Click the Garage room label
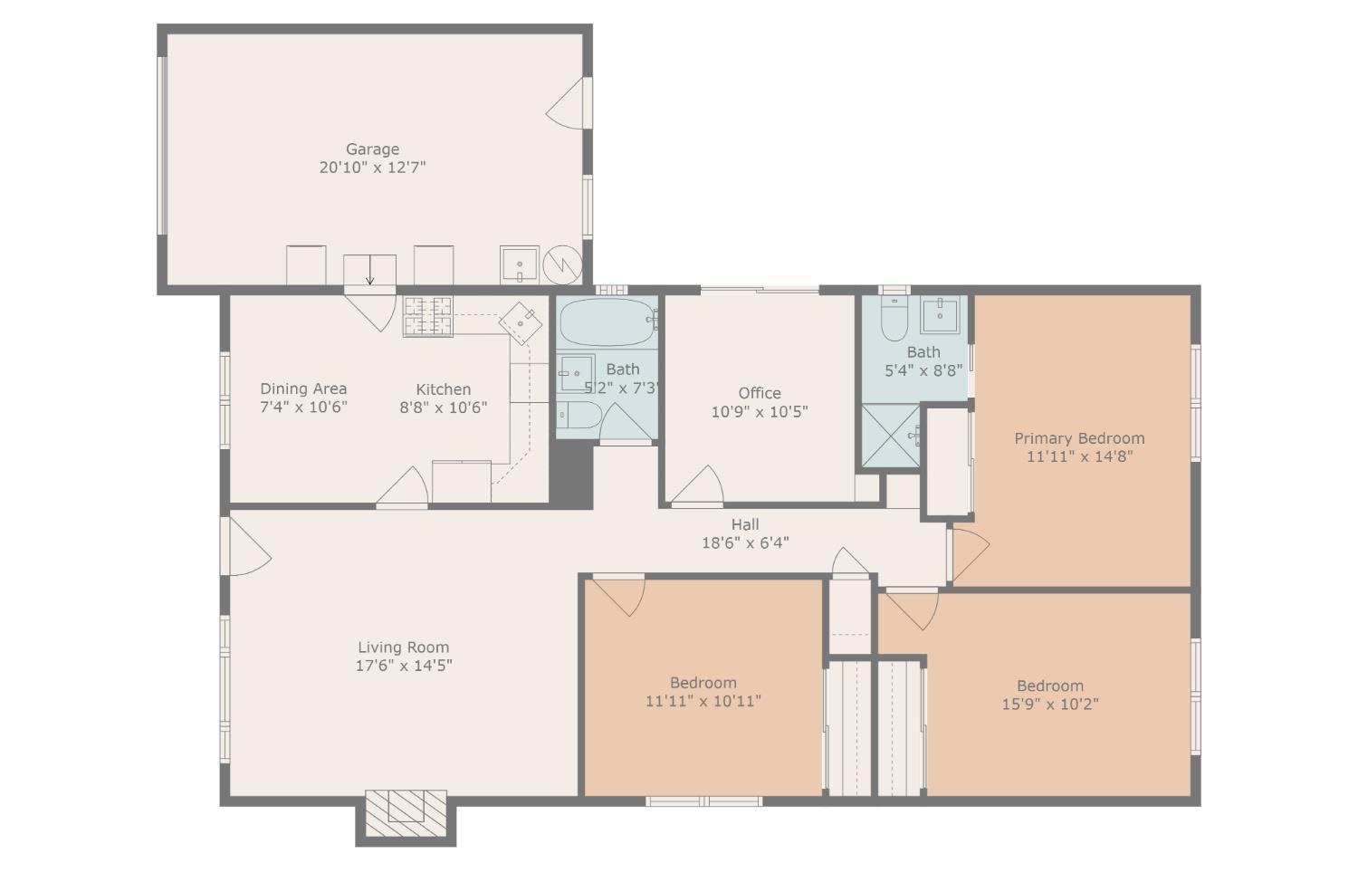[x=372, y=149]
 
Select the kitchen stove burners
[x=427, y=317]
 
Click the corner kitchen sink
[x=523, y=322]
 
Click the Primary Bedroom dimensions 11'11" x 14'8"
[x=1079, y=456]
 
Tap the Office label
[x=760, y=393]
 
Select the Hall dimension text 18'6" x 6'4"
[x=745, y=543]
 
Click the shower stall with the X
[x=889, y=436]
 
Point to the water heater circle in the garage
[x=561, y=264]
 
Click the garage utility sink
[x=520, y=264]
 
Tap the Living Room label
[x=403, y=647]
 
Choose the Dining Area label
[x=303, y=388]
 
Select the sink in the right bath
[x=941, y=315]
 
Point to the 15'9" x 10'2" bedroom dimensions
[x=1050, y=705]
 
